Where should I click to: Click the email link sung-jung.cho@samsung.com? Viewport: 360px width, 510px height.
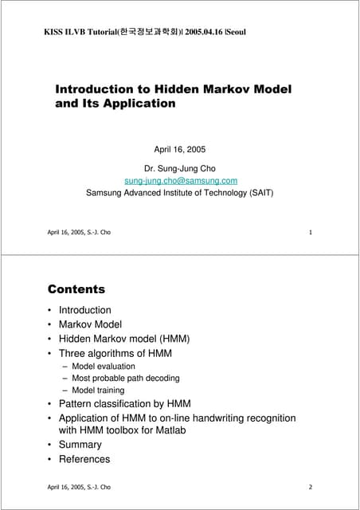pyautogui.click(x=180, y=180)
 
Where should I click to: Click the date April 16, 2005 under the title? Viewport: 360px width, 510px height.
pyautogui.click(x=179, y=149)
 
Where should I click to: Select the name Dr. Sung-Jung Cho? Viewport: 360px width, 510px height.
pyautogui.click(x=179, y=168)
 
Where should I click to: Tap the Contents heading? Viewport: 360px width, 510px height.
pyautogui.click(x=76, y=289)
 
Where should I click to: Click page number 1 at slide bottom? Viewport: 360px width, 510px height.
pyautogui.click(x=309, y=232)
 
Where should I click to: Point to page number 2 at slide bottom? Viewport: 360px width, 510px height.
pyautogui.click(x=309, y=486)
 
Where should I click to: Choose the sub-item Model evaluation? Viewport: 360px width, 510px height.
pyautogui.click(x=104, y=367)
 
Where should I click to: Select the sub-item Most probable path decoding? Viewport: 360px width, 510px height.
pyautogui.click(x=126, y=379)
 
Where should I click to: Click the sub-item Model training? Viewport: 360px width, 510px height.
pyautogui.click(x=98, y=390)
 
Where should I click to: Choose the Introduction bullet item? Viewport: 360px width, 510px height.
pyautogui.click(x=85, y=310)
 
